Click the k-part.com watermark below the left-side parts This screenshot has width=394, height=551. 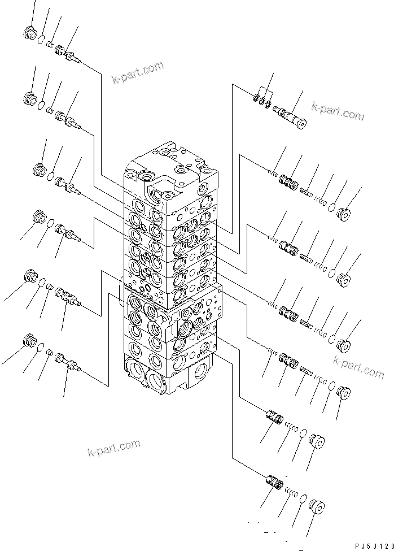[x=114, y=448]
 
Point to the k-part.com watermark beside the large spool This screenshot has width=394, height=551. [x=338, y=111]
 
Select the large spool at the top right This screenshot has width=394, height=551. [x=289, y=116]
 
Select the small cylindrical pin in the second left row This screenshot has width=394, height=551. [x=49, y=110]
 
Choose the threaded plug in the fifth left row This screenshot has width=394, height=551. [x=30, y=277]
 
